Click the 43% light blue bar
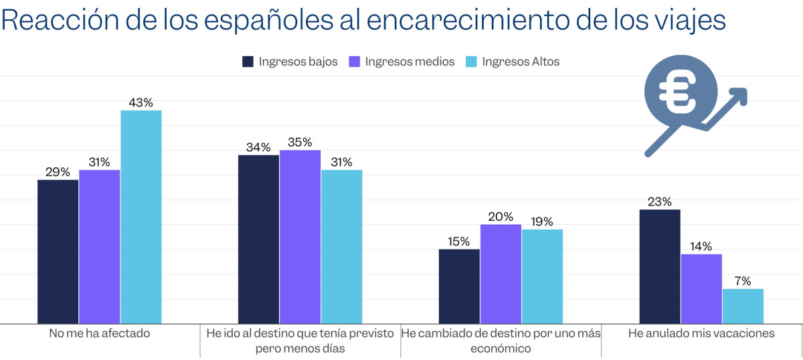coord(141,217)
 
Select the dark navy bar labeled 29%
coord(58,252)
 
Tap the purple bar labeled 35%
coord(300,237)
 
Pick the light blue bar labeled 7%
coord(743,306)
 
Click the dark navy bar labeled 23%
coord(660,266)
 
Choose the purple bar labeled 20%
coord(501,274)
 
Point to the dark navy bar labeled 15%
coord(459,286)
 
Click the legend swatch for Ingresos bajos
coord(248,62)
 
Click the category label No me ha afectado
coord(99,333)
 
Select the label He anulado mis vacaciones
coord(701,333)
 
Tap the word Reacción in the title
coord(56,20)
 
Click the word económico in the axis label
coord(501,349)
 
